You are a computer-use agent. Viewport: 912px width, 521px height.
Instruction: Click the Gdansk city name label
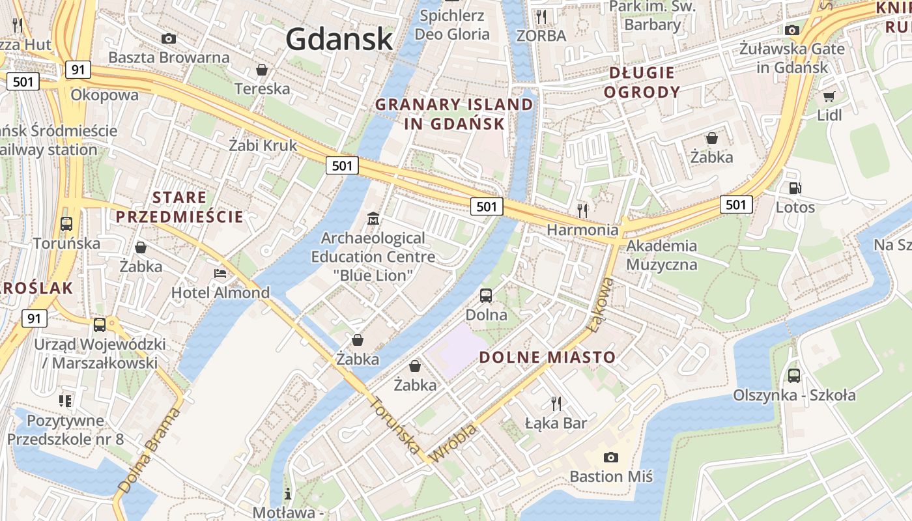pos(339,39)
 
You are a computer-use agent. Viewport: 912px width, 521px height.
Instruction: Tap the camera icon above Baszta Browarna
pos(169,39)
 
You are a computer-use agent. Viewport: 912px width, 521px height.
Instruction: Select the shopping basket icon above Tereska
pos(262,70)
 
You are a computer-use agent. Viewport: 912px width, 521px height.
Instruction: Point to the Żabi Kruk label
pos(263,145)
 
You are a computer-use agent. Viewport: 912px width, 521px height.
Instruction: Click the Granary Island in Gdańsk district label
pos(454,114)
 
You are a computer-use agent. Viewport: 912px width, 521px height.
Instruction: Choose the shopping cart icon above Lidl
pos(829,97)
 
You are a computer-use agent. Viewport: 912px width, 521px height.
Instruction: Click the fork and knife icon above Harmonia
pos(582,210)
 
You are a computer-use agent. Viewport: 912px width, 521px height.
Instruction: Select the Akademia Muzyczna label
pos(661,255)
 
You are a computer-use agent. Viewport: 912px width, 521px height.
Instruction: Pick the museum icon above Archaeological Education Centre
pos(373,218)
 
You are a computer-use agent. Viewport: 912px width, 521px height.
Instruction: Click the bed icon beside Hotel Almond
pos(220,274)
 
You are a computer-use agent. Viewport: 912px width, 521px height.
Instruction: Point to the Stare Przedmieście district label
pos(179,207)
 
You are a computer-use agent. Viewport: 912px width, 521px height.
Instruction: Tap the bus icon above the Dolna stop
pos(486,296)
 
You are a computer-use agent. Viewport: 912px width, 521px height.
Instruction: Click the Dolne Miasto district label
pos(547,357)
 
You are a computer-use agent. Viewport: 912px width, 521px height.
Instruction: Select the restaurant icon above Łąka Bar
pos(556,404)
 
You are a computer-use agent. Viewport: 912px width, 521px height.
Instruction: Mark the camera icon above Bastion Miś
pos(610,457)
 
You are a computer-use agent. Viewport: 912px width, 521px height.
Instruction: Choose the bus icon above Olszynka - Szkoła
pos(793,376)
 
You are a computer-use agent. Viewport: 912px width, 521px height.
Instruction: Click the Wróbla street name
pos(454,444)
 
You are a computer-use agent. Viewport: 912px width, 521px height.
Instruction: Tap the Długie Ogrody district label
pos(642,82)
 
